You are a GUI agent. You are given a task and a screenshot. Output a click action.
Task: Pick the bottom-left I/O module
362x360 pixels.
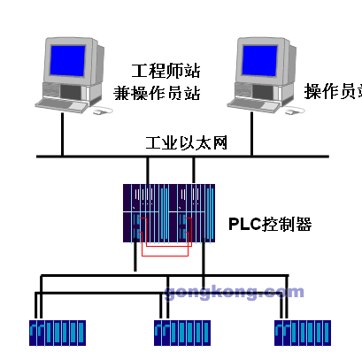55,333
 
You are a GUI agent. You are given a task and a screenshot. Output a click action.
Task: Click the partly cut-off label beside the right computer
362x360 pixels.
332,92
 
